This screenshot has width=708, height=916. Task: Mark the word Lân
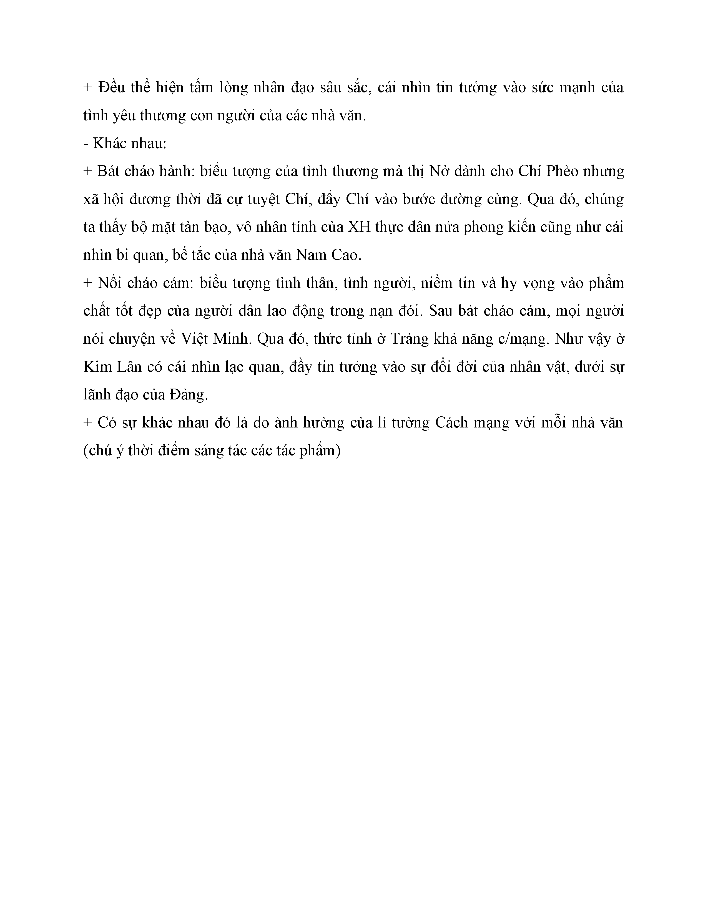129,367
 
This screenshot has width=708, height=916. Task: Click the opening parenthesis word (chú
97,451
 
